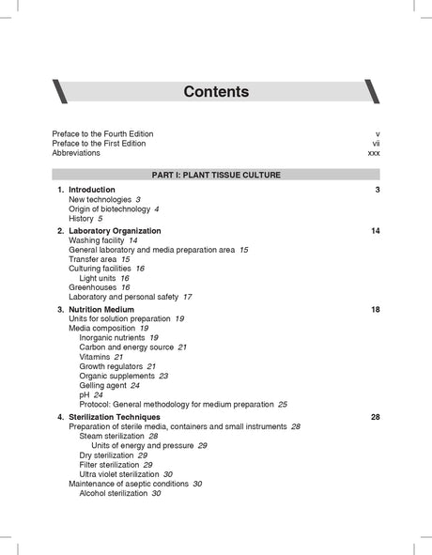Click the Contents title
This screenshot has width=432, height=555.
216,92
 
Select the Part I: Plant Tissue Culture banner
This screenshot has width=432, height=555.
216,175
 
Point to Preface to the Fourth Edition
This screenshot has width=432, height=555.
102,134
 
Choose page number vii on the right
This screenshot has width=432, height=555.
376,144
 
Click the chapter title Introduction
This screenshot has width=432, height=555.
92,191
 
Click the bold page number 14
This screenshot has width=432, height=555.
375,231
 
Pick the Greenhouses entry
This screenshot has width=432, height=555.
94,287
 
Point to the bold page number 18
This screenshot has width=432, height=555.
375,310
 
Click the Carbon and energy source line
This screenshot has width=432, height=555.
128,347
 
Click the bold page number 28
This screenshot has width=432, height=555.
375,417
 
